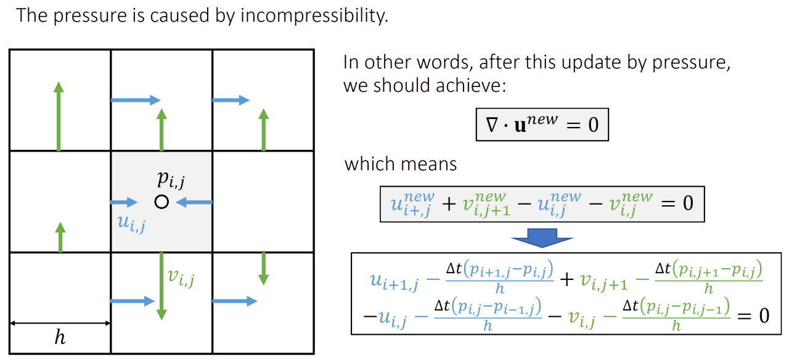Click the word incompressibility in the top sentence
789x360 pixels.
tap(314, 15)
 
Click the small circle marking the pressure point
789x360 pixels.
tap(161, 202)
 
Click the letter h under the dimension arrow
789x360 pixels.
tap(60, 338)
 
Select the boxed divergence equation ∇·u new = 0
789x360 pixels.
tap(542, 125)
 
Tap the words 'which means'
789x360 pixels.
tap(401, 165)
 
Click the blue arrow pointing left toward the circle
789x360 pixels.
tap(194, 202)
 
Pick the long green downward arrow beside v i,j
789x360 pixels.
tap(161, 285)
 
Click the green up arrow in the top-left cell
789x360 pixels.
tap(59, 117)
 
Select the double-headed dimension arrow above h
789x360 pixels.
tap(60, 323)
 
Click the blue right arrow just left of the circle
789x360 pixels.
tap(124, 202)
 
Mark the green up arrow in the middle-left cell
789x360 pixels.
tap(60, 237)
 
